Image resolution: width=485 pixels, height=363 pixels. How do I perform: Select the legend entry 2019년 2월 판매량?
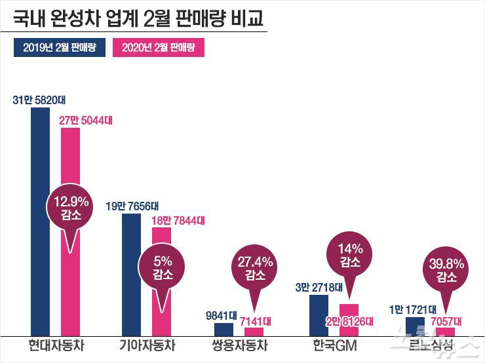tap(60, 48)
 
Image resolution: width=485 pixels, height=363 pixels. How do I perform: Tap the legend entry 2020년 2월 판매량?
tap(159, 48)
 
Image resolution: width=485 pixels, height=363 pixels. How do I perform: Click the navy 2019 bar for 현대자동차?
tap(40, 223)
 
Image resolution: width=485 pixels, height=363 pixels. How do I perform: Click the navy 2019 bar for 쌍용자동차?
tap(223, 330)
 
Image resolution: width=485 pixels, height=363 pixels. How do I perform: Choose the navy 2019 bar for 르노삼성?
tap(415, 326)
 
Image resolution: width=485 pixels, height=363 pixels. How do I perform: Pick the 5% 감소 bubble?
tap(161, 269)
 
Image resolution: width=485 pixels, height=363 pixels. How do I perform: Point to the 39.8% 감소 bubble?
tap(445, 271)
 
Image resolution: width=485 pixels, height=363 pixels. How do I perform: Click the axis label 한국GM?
tap(335, 345)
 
